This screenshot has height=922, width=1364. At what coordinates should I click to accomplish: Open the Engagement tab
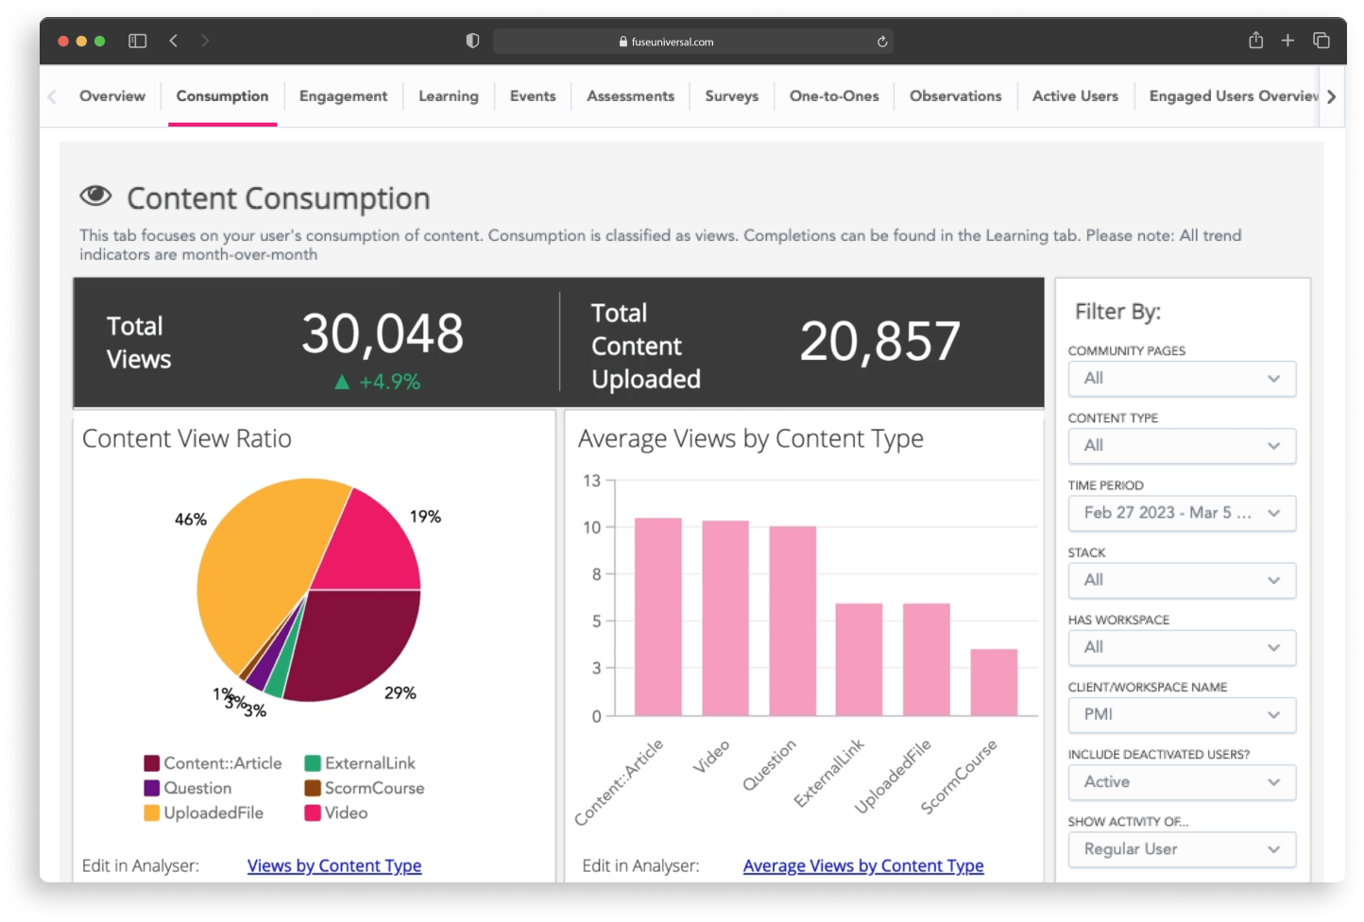pos(343,96)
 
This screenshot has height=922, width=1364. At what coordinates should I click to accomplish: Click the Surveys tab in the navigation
pos(731,96)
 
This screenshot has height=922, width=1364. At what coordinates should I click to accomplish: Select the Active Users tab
pos(1074,96)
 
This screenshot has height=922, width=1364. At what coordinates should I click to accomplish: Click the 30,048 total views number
pos(383,334)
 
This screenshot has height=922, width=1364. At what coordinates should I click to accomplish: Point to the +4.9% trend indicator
pos(378,382)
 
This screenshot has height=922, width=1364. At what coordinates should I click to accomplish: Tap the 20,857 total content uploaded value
pos(879,341)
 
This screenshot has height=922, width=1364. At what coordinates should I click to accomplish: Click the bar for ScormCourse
pos(994,682)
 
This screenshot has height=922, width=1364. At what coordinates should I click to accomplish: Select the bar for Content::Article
pos(657,616)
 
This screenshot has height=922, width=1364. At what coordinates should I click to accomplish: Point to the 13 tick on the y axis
pos(591,481)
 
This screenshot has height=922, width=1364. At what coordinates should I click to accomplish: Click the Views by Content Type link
pos(334,865)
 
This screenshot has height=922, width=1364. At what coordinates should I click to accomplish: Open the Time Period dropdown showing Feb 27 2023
pos(1181,513)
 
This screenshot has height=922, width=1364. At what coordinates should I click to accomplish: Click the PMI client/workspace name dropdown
pos(1181,714)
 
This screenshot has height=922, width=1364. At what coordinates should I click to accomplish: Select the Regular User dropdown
pos(1181,849)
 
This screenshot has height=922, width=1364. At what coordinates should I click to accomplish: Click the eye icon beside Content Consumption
pos(95,196)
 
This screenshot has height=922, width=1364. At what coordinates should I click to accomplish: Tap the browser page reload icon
pos(882,42)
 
